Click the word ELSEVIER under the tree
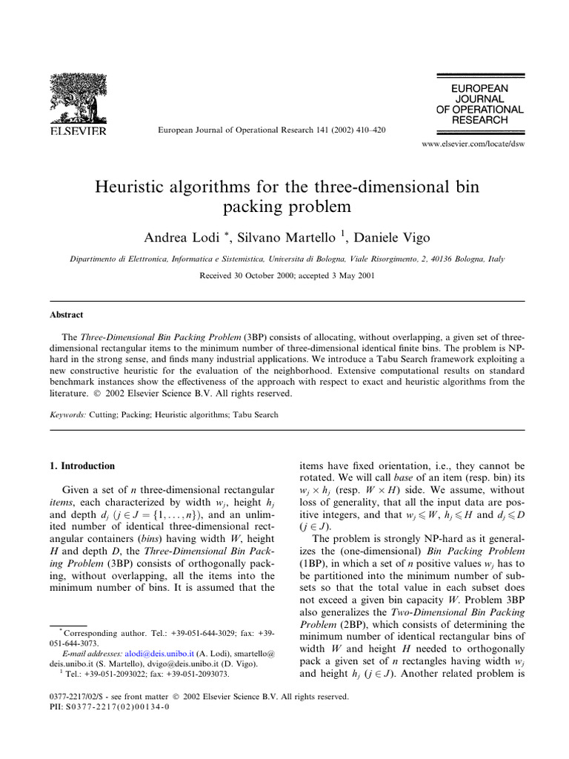click(78, 131)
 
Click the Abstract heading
click(63, 315)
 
